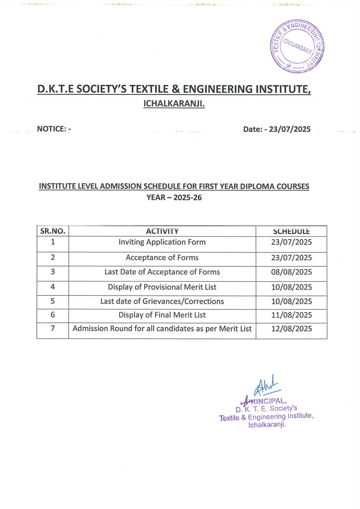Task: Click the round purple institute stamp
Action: coord(296,46)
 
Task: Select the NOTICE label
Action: coord(54,129)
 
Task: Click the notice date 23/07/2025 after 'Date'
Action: coord(290,129)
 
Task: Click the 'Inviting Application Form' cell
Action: coord(162,243)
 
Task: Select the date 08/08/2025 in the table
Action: coord(291,272)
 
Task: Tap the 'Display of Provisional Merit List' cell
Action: coord(162,287)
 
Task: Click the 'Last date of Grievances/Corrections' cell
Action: coord(162,301)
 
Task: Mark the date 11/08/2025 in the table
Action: coord(291,315)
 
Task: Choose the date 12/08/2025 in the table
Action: coord(291,329)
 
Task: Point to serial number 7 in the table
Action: coord(53,329)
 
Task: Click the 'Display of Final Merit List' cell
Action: coord(162,315)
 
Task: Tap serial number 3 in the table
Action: coord(53,272)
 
